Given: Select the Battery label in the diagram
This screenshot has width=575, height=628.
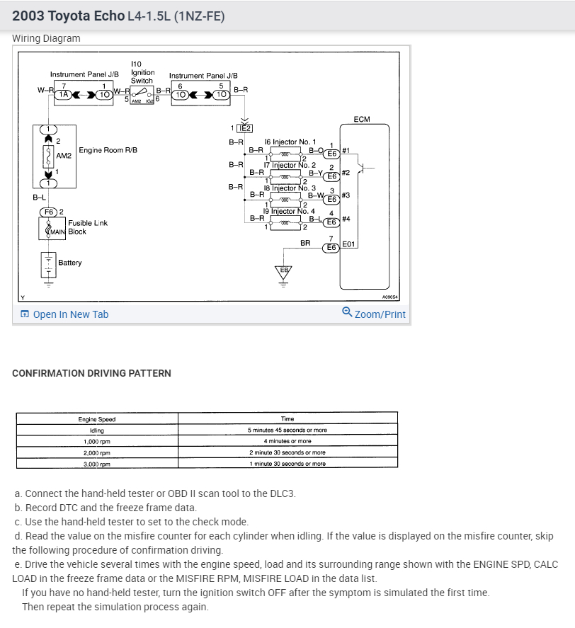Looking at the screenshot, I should [x=70, y=263].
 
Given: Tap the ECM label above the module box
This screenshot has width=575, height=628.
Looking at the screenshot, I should [x=362, y=120].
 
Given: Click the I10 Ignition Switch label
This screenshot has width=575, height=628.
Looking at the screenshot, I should [x=142, y=72].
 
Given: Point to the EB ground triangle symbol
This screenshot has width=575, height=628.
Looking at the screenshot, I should [x=284, y=271].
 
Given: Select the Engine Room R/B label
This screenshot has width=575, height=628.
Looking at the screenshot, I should [x=108, y=150].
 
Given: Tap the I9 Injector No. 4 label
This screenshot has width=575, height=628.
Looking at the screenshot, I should [x=288, y=211].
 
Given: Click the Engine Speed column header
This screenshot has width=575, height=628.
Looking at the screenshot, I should [x=97, y=419].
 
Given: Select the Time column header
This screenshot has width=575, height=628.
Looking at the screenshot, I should [x=287, y=419].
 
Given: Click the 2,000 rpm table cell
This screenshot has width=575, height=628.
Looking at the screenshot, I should [x=97, y=452].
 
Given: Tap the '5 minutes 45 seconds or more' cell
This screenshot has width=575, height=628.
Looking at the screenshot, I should [x=287, y=430].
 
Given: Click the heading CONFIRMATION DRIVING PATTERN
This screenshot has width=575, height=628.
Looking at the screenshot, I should [x=92, y=373].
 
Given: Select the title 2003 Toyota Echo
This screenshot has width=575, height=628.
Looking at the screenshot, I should [x=68, y=15].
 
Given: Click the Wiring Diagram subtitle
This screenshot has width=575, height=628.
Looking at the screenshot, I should [x=47, y=38].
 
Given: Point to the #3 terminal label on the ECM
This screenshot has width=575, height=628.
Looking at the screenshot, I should [x=346, y=195].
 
